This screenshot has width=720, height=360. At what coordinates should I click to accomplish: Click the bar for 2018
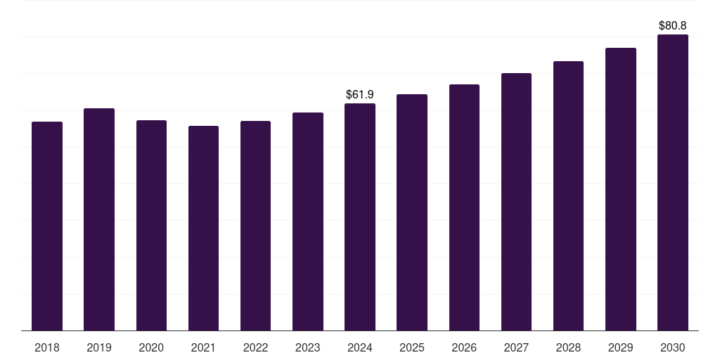click(x=47, y=226)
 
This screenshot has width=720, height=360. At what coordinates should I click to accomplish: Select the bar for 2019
click(x=99, y=219)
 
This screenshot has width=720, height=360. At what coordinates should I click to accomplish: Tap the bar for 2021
click(x=203, y=228)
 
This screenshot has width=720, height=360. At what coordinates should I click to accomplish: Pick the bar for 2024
click(x=360, y=217)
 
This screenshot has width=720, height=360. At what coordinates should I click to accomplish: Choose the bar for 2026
click(x=464, y=207)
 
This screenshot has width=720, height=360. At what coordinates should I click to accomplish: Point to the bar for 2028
click(x=568, y=195)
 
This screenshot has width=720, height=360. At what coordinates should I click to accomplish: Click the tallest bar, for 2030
click(x=672, y=182)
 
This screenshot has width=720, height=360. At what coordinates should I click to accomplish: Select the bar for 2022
click(x=255, y=226)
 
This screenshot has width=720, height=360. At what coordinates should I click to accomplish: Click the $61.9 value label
click(x=360, y=94)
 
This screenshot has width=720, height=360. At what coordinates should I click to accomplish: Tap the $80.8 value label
click(x=672, y=25)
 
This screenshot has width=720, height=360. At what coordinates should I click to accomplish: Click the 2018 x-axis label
click(x=47, y=347)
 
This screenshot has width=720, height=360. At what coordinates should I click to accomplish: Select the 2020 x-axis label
click(x=151, y=347)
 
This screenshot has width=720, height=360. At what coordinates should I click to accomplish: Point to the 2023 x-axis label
click(x=308, y=347)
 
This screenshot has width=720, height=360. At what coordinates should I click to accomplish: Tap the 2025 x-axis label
click(x=412, y=347)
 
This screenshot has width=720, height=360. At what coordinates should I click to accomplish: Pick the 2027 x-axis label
click(x=516, y=347)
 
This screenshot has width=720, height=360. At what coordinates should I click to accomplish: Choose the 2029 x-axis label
click(x=620, y=347)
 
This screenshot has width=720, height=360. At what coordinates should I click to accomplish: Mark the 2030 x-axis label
click(x=672, y=347)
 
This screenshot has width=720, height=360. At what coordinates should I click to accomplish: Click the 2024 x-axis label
click(x=360, y=347)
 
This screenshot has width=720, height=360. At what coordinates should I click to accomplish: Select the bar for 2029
click(x=620, y=189)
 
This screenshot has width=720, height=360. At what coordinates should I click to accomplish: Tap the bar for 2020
click(x=151, y=225)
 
